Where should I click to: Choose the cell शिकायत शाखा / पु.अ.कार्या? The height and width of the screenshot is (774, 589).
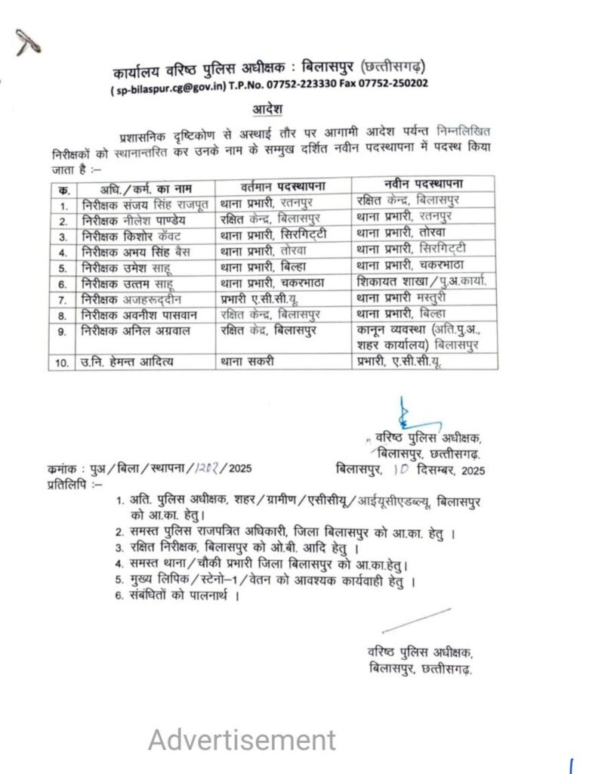pos(419,282)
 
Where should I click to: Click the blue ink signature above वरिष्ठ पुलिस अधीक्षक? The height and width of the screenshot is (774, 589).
pos(406,413)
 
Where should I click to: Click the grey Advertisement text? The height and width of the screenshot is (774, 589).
pos(242,740)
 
